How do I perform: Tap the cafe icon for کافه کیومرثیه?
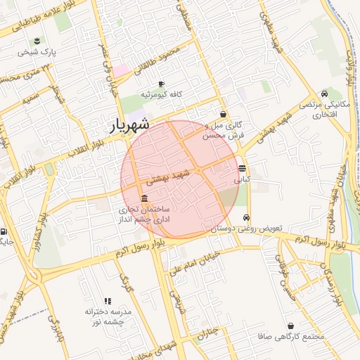(x=161, y=84)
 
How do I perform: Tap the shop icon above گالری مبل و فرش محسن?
(x=223, y=114)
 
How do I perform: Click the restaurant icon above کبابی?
(x=242, y=169)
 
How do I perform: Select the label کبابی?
(x=242, y=179)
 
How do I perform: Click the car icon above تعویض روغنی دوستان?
(x=245, y=218)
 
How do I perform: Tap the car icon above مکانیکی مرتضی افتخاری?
(x=324, y=94)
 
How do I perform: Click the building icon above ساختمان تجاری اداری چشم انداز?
(x=144, y=198)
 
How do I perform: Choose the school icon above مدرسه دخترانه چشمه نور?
(x=108, y=301)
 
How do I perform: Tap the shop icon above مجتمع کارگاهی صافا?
(x=291, y=326)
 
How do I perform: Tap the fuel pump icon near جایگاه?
(x=4, y=232)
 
